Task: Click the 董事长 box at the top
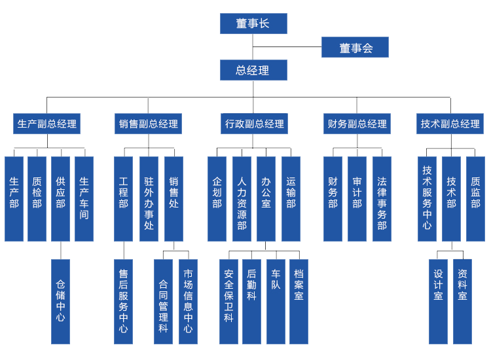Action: [253, 24]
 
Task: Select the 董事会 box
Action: [355, 47]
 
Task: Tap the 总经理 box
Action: [253, 70]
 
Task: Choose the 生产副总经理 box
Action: [46, 124]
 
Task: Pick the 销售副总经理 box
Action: [148, 124]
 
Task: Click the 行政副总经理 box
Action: [254, 124]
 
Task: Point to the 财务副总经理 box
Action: [357, 124]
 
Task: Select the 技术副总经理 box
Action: [450, 124]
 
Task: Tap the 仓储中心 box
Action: [60, 302]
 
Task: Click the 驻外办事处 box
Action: [149, 199]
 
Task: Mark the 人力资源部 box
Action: [242, 199]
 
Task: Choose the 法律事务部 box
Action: [382, 199]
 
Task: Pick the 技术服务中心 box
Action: [427, 199]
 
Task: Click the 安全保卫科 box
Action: [228, 302]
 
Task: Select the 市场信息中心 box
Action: [188, 302]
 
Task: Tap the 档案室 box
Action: [299, 302]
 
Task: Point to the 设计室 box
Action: [438, 302]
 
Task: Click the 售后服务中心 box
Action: [123, 302]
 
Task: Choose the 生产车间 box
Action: [84, 199]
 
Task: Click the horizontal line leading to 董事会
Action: [287, 47]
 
